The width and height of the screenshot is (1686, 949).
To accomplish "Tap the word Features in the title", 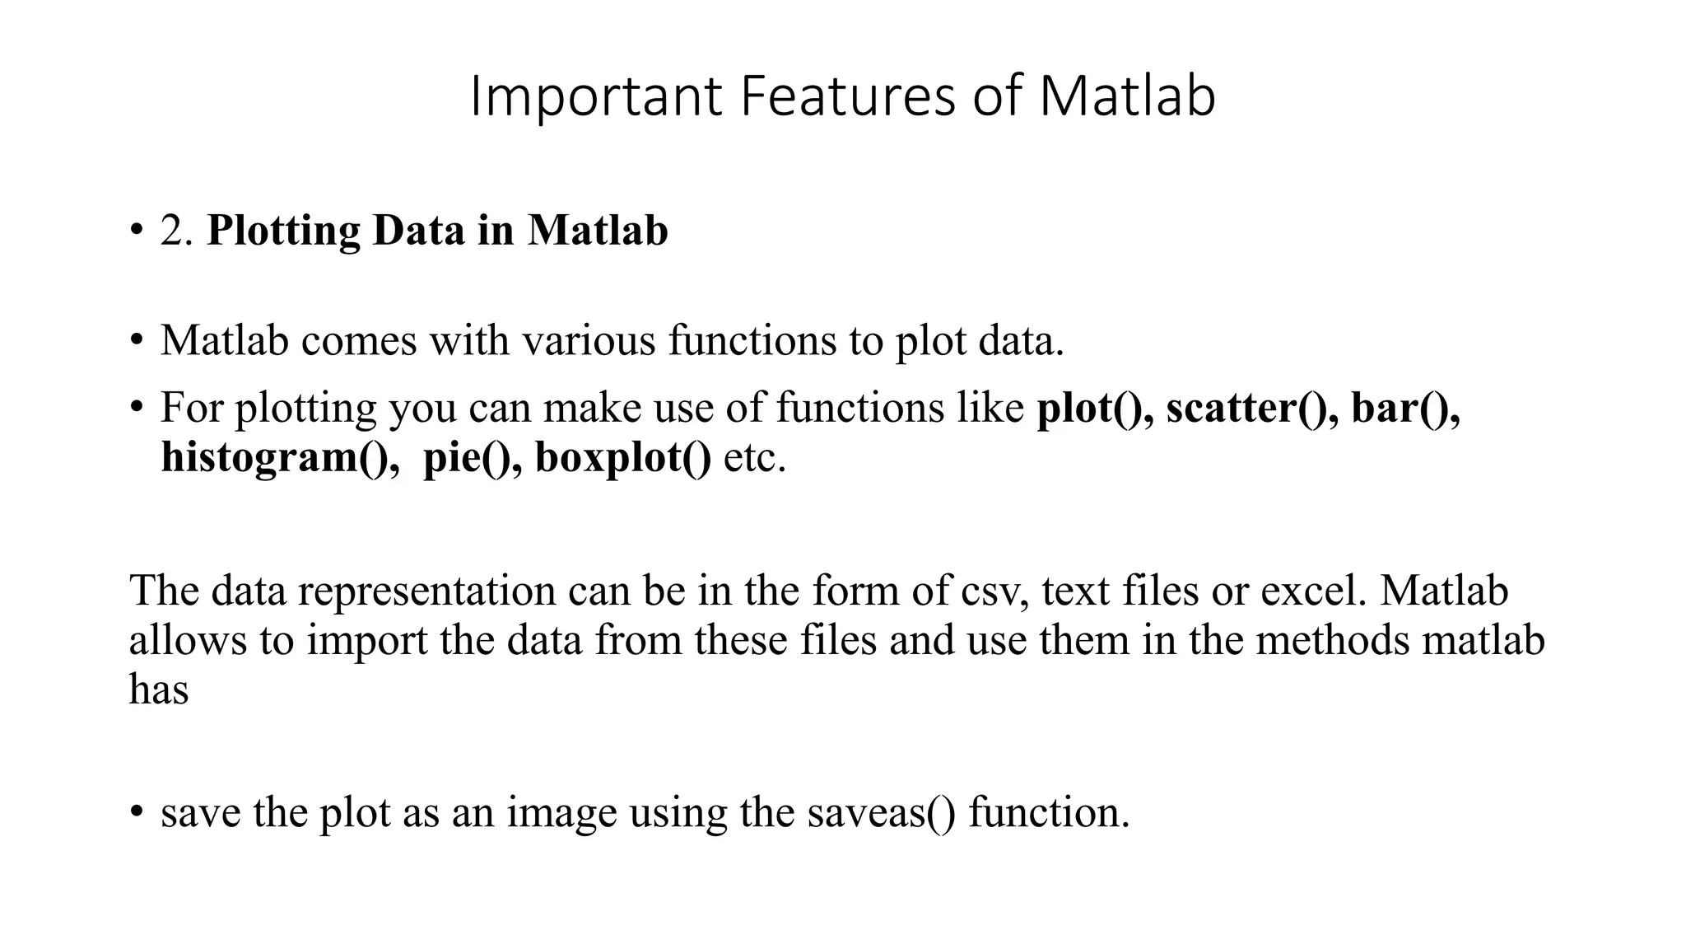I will [x=847, y=97].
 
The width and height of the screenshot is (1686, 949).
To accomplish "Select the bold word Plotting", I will [x=283, y=231].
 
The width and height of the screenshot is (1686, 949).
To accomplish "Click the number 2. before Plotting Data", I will [x=176, y=231].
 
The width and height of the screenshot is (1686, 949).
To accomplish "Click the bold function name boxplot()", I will [x=622, y=458].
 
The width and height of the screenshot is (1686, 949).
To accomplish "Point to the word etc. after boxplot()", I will [x=754, y=458].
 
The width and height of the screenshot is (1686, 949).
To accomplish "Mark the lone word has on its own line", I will [x=159, y=690].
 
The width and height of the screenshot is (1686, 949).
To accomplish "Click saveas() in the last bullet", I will [x=881, y=813].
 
